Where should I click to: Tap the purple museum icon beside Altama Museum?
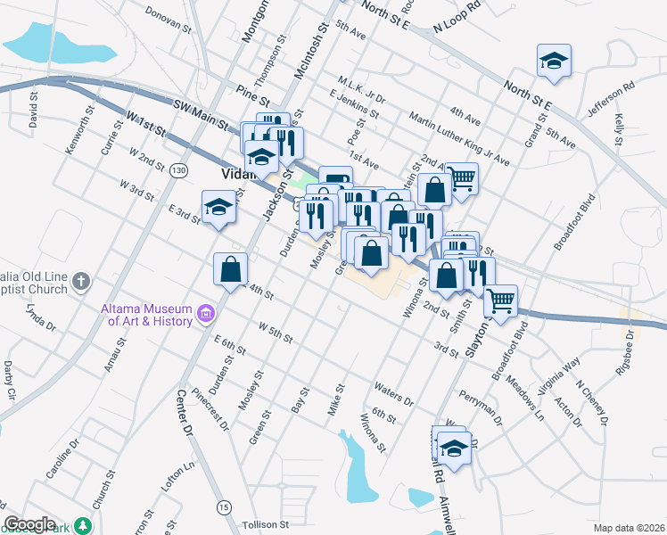pos(207,313)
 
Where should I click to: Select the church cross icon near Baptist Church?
pos(80,283)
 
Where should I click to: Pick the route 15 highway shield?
pos(223,506)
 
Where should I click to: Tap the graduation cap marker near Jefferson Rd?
pos(554,62)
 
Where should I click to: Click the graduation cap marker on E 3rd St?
pos(218,208)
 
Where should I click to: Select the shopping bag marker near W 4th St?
pos(230,268)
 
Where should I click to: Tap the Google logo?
pos(29,524)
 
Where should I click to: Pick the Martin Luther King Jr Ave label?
pos(458,142)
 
